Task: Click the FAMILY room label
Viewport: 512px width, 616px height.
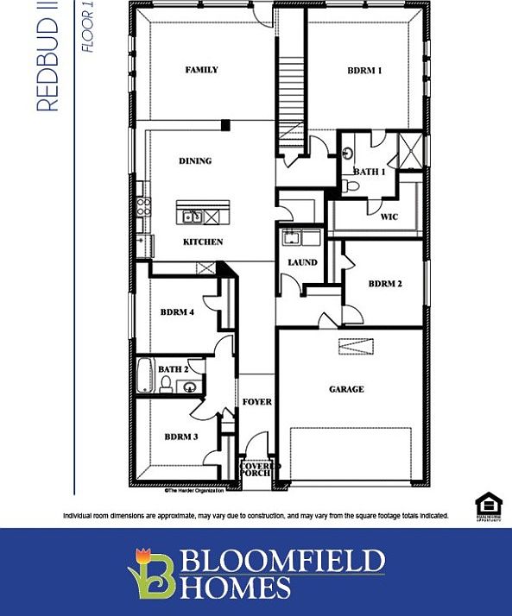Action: click(x=201, y=70)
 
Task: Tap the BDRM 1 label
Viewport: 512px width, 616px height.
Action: click(x=364, y=71)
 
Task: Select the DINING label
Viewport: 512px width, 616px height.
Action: click(x=194, y=160)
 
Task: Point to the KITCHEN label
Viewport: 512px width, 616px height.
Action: click(x=203, y=242)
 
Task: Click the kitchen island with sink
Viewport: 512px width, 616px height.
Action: click(x=204, y=212)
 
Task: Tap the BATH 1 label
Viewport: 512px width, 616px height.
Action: click(x=370, y=172)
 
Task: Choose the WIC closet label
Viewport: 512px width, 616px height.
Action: click(x=389, y=217)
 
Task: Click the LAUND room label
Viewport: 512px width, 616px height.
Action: click(x=302, y=262)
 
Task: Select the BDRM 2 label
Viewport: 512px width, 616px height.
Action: click(x=385, y=283)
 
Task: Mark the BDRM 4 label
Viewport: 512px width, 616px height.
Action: click(x=177, y=311)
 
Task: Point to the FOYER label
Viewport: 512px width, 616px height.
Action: click(x=256, y=402)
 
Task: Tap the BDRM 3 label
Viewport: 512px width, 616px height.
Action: click(x=181, y=437)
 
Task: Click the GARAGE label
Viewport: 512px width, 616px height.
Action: click(x=345, y=389)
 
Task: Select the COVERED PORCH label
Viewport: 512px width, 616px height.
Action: click(x=256, y=468)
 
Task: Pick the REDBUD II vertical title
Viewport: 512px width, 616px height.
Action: click(x=48, y=56)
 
